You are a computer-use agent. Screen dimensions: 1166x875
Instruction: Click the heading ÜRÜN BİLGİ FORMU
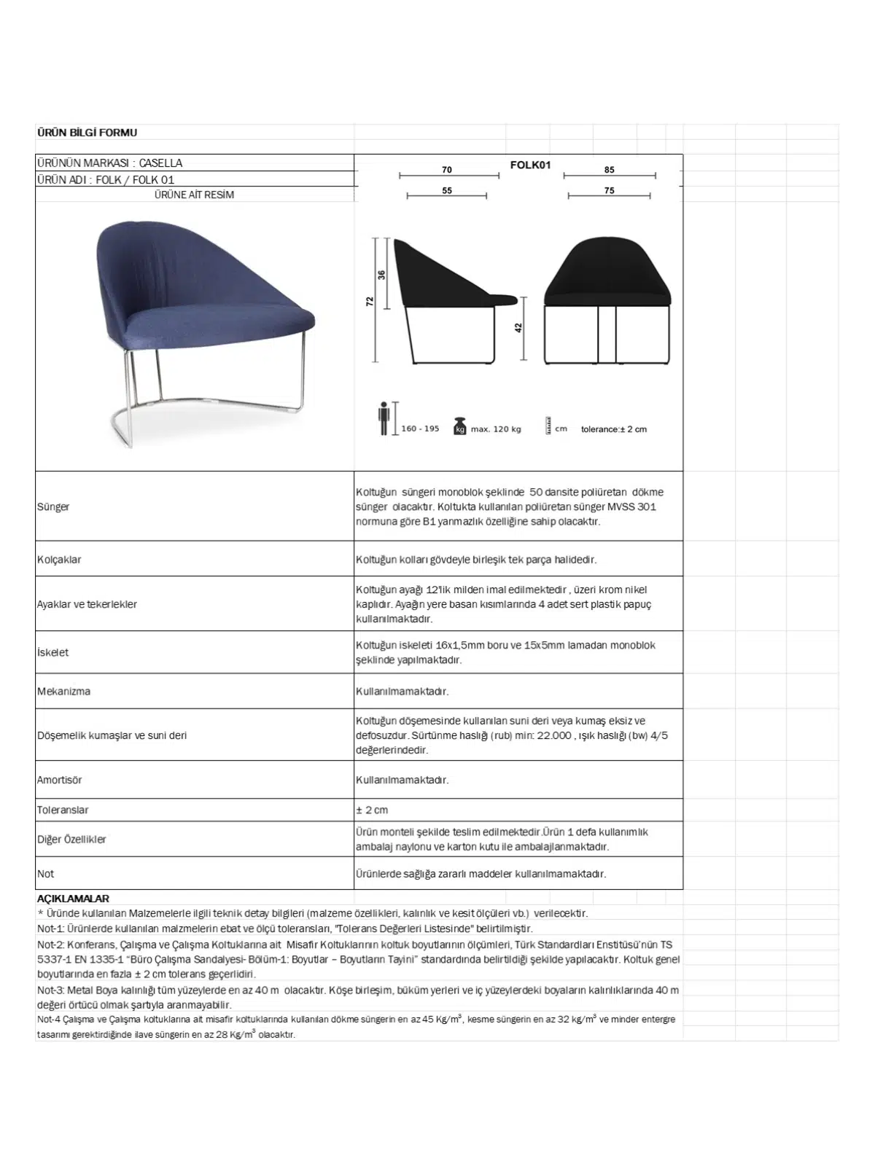(x=87, y=133)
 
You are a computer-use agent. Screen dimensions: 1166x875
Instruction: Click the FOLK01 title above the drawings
(x=530, y=165)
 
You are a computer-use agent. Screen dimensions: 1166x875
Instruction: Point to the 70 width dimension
(x=447, y=170)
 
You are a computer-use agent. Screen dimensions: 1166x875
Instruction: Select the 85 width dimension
(x=610, y=170)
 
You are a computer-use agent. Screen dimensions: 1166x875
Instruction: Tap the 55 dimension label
(x=447, y=191)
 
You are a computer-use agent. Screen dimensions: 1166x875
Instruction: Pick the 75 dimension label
(x=610, y=191)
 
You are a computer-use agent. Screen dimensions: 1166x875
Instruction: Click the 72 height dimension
(x=370, y=301)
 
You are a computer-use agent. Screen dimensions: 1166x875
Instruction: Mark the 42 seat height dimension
(x=519, y=328)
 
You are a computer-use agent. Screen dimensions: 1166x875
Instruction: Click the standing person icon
(x=384, y=419)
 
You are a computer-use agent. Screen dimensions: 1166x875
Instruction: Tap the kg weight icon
(x=459, y=426)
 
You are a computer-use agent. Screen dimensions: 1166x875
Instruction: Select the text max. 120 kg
(x=496, y=429)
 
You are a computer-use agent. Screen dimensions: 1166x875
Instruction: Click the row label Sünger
(x=53, y=506)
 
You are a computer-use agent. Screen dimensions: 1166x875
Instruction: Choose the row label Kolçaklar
(x=59, y=560)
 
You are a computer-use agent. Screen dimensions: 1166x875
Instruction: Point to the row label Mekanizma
(x=64, y=691)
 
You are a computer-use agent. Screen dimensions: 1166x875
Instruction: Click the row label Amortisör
(x=60, y=780)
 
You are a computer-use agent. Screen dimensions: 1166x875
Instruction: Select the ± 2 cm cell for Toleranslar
(x=372, y=810)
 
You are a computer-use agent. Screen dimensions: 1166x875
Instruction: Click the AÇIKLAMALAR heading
(x=73, y=899)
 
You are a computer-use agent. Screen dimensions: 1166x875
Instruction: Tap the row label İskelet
(x=53, y=652)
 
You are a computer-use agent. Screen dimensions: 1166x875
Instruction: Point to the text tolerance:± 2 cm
(x=614, y=429)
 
